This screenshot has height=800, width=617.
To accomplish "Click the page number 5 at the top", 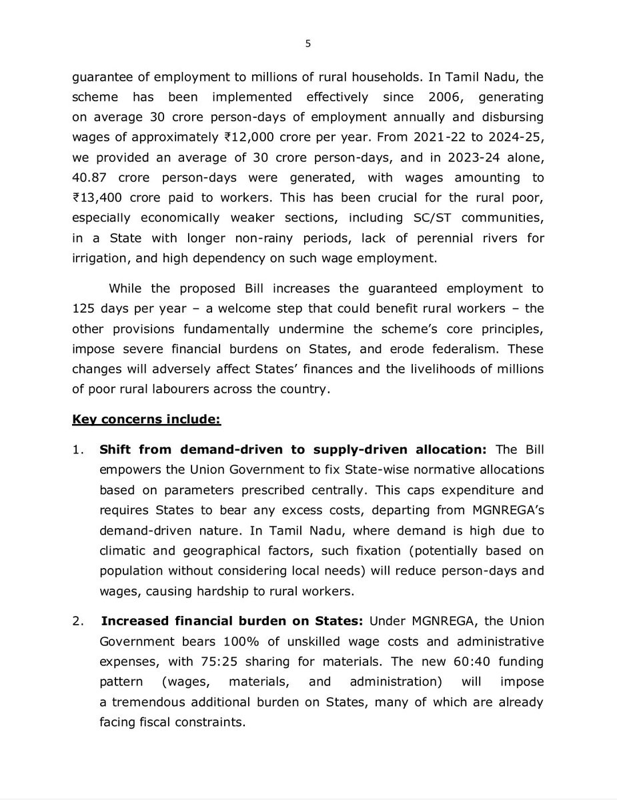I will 308,44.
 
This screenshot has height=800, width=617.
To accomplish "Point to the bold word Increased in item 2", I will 131,621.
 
